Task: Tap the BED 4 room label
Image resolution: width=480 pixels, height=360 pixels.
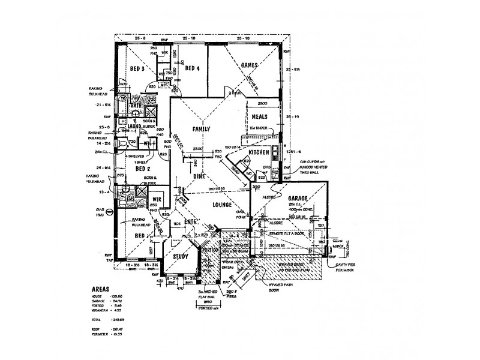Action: coord(193,67)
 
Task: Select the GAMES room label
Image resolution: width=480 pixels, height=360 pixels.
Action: coord(248,64)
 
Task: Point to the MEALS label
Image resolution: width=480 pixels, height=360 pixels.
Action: coord(259,117)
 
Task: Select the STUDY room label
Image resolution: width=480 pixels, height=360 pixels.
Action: coord(181,257)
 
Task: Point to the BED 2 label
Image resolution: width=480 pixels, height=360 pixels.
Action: coord(143,169)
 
